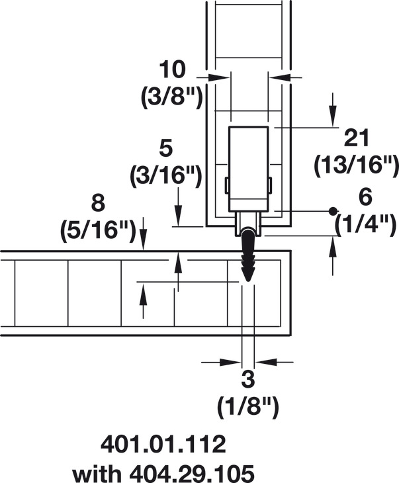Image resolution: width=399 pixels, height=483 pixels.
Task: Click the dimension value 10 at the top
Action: click(x=173, y=69)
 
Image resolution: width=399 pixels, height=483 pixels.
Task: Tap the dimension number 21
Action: click(x=357, y=138)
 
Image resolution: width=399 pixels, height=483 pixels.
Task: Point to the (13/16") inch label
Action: click(x=356, y=165)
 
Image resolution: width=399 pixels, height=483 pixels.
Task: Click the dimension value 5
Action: click(x=166, y=149)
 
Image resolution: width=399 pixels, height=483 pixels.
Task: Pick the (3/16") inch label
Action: click(x=166, y=176)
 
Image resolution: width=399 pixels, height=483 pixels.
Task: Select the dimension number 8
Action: click(x=99, y=203)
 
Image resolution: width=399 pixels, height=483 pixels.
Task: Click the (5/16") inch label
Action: click(x=98, y=230)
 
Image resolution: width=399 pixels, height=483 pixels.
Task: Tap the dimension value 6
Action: click(x=365, y=197)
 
